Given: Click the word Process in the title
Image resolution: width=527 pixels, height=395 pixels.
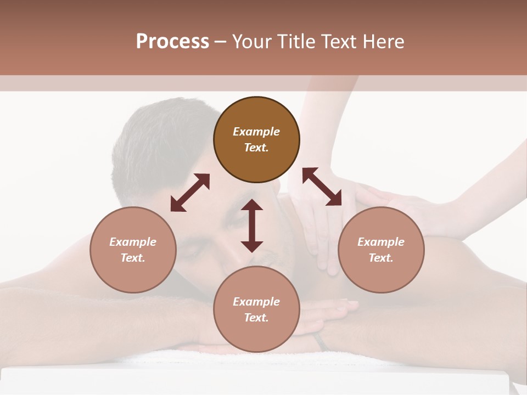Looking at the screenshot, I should click(172, 42).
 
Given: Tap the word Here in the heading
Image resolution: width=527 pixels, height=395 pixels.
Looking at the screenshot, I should click(383, 42).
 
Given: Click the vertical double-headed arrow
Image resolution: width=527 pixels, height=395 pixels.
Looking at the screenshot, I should click(252, 225).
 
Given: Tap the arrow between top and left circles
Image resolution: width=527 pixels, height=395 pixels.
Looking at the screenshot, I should click(190, 193).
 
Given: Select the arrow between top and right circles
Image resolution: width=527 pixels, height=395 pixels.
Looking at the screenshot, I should click(322, 187).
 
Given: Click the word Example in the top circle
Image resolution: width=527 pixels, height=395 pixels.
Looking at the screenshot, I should click(256, 132).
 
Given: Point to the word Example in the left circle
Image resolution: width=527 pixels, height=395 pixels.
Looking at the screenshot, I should click(133, 242).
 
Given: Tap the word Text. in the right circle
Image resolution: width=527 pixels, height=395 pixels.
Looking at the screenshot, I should click(381, 258).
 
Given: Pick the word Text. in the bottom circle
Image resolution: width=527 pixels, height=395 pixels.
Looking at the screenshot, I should click(256, 318).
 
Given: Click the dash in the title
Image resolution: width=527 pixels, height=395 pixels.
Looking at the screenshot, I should click(220, 42).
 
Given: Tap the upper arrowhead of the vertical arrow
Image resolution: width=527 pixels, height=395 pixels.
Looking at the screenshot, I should click(252, 205).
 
